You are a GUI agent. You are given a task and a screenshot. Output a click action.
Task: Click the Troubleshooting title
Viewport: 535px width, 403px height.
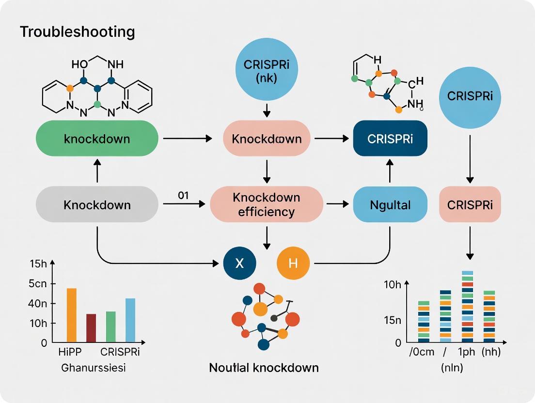click(x=78, y=32)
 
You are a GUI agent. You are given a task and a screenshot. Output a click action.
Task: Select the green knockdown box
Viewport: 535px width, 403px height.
click(x=97, y=139)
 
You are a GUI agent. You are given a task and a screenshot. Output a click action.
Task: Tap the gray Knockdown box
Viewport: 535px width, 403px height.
click(x=97, y=204)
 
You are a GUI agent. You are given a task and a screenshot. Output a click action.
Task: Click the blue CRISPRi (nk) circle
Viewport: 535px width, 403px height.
click(x=267, y=71)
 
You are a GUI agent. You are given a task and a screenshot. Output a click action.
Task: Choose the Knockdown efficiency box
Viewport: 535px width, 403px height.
click(x=267, y=204)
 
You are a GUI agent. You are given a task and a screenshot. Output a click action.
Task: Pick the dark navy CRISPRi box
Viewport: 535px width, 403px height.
click(x=390, y=139)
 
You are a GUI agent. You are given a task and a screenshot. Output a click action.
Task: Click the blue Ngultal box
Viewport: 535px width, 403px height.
click(x=390, y=204)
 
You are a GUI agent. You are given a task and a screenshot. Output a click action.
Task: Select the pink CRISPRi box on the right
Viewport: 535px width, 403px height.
click(x=470, y=204)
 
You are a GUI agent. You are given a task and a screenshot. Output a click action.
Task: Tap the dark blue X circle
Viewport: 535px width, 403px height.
click(x=239, y=263)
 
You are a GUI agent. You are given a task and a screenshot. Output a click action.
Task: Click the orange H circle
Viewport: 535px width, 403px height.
click(x=293, y=263)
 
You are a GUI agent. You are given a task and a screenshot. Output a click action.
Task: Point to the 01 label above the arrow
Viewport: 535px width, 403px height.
click(x=183, y=195)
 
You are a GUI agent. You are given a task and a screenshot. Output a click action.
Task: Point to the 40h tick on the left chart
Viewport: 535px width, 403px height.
click(x=38, y=304)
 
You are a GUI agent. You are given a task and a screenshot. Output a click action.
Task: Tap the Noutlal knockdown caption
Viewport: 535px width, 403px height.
click(x=264, y=368)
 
